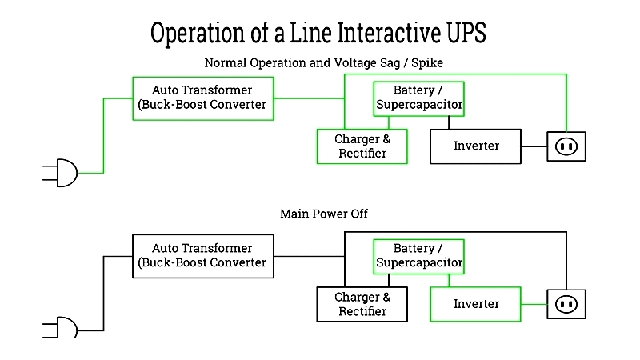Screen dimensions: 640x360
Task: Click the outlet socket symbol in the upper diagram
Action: coord(566,146)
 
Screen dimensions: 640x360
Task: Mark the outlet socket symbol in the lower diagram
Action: coord(566,305)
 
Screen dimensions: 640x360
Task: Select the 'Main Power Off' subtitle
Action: coord(324,214)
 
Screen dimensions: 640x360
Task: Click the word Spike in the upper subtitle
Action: coord(427,63)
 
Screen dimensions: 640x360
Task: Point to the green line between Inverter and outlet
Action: coord(534,304)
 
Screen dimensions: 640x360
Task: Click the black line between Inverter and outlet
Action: coord(534,146)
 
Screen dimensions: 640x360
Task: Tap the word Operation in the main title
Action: coord(198,34)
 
